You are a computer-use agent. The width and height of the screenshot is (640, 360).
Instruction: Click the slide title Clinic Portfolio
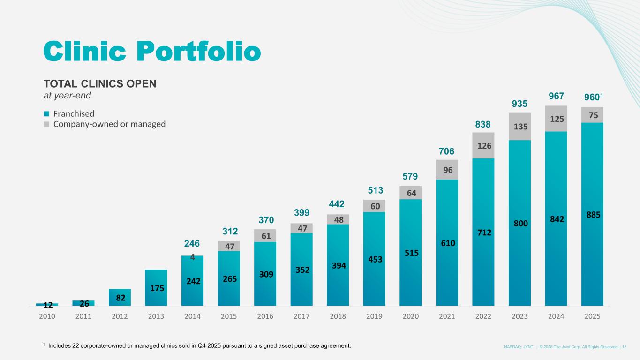pyautogui.click(x=152, y=51)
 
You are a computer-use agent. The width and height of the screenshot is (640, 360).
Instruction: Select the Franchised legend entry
pyautogui.click(x=73, y=114)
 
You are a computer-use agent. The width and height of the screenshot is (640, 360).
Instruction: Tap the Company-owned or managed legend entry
pyautogui.click(x=109, y=125)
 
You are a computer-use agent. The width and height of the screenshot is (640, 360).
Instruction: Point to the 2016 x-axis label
pyautogui.click(x=265, y=316)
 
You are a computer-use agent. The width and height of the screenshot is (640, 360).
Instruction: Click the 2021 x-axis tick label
pyautogui.click(x=447, y=316)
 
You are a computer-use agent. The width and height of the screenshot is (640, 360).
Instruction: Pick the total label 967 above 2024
pyautogui.click(x=556, y=96)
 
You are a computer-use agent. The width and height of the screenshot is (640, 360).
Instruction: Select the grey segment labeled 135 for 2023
pyautogui.click(x=520, y=126)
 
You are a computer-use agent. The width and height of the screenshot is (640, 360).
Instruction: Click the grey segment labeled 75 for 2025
pyautogui.click(x=592, y=115)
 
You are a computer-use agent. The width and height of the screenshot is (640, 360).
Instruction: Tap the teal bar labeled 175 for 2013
pyautogui.click(x=156, y=288)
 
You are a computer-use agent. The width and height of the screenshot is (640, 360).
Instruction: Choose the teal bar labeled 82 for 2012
pyautogui.click(x=120, y=297)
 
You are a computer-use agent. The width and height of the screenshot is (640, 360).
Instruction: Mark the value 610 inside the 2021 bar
pyautogui.click(x=447, y=243)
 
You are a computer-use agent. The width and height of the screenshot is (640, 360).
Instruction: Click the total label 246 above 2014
pyautogui.click(x=192, y=244)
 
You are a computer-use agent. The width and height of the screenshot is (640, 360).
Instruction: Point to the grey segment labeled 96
pyautogui.click(x=447, y=170)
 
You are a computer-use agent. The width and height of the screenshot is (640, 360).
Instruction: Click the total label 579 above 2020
pyautogui.click(x=410, y=176)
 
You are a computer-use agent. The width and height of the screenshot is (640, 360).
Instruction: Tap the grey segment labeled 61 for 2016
pyautogui.click(x=265, y=236)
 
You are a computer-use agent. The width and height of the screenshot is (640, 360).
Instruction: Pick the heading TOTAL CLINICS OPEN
pyautogui.click(x=100, y=84)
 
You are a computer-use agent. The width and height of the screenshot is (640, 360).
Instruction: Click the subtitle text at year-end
pyautogui.click(x=67, y=95)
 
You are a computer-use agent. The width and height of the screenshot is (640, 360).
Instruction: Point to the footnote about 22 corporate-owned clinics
pyautogui.click(x=196, y=346)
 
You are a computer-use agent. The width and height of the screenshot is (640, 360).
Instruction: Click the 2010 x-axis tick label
pyautogui.click(x=47, y=316)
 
